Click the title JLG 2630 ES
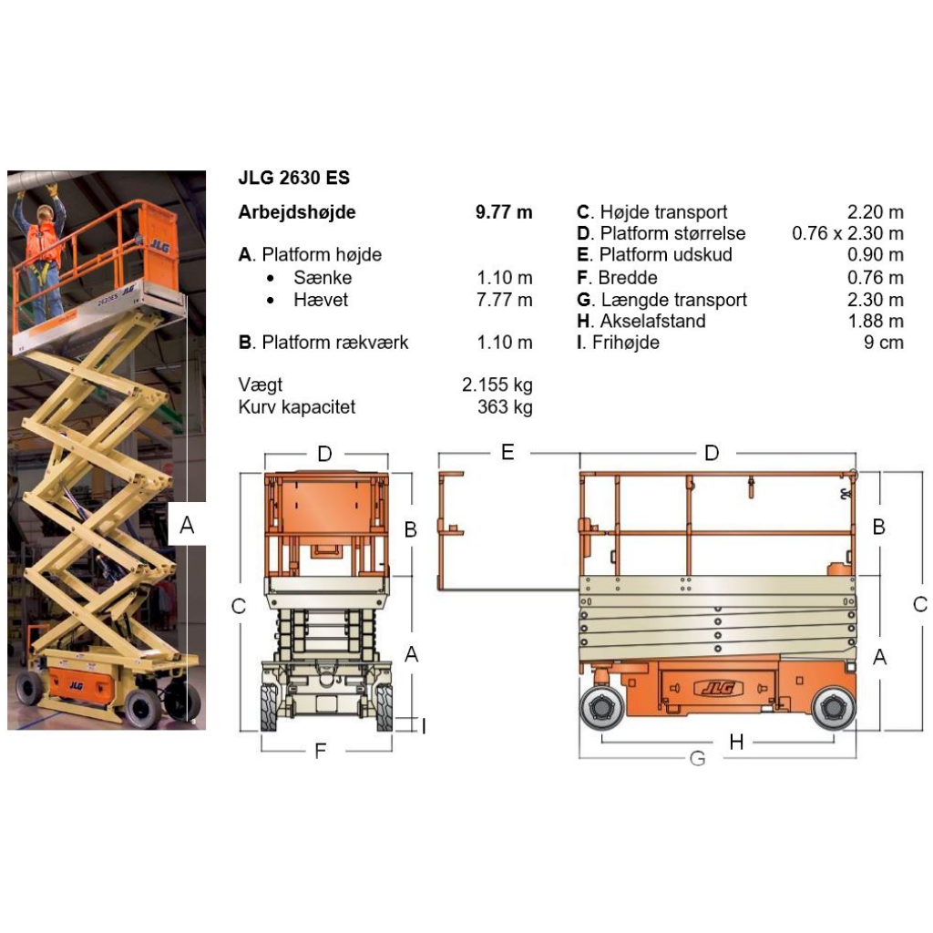[293, 179]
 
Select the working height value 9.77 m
[504, 212]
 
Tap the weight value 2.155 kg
[497, 385]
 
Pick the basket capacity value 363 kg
[505, 407]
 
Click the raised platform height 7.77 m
[504, 300]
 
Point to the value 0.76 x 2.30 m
[847, 234]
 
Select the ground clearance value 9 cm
[883, 343]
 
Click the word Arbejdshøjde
[297, 212]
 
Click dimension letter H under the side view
[736, 743]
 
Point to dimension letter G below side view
[697, 758]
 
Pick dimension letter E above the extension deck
[508, 452]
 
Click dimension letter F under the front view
[321, 752]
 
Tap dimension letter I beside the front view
[423, 725]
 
